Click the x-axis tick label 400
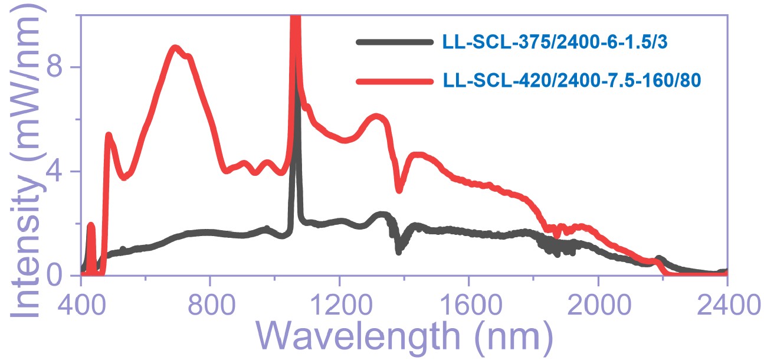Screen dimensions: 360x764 [x=81, y=308]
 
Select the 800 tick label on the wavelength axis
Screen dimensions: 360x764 [x=210, y=308]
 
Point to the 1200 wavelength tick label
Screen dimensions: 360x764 [x=339, y=308]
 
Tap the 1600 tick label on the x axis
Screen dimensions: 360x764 [x=468, y=308]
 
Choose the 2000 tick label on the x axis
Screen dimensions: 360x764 [x=598, y=308]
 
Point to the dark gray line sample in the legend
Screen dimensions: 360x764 [x=395, y=42]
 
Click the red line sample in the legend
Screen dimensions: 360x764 [x=395, y=81]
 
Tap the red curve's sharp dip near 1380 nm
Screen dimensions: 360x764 [x=399, y=189]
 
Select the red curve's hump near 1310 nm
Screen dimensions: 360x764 [x=376, y=117]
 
